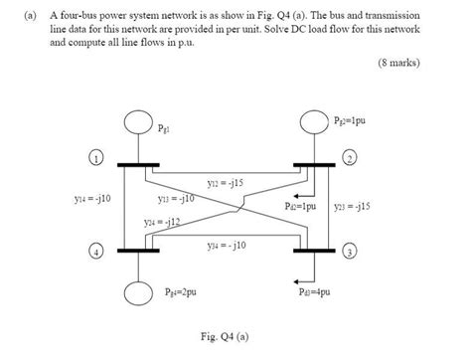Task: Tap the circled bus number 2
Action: click(350, 159)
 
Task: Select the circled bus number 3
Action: click(350, 252)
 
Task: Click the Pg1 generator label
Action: click(165, 129)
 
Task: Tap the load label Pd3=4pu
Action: click(317, 293)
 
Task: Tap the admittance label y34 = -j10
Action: click(228, 245)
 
